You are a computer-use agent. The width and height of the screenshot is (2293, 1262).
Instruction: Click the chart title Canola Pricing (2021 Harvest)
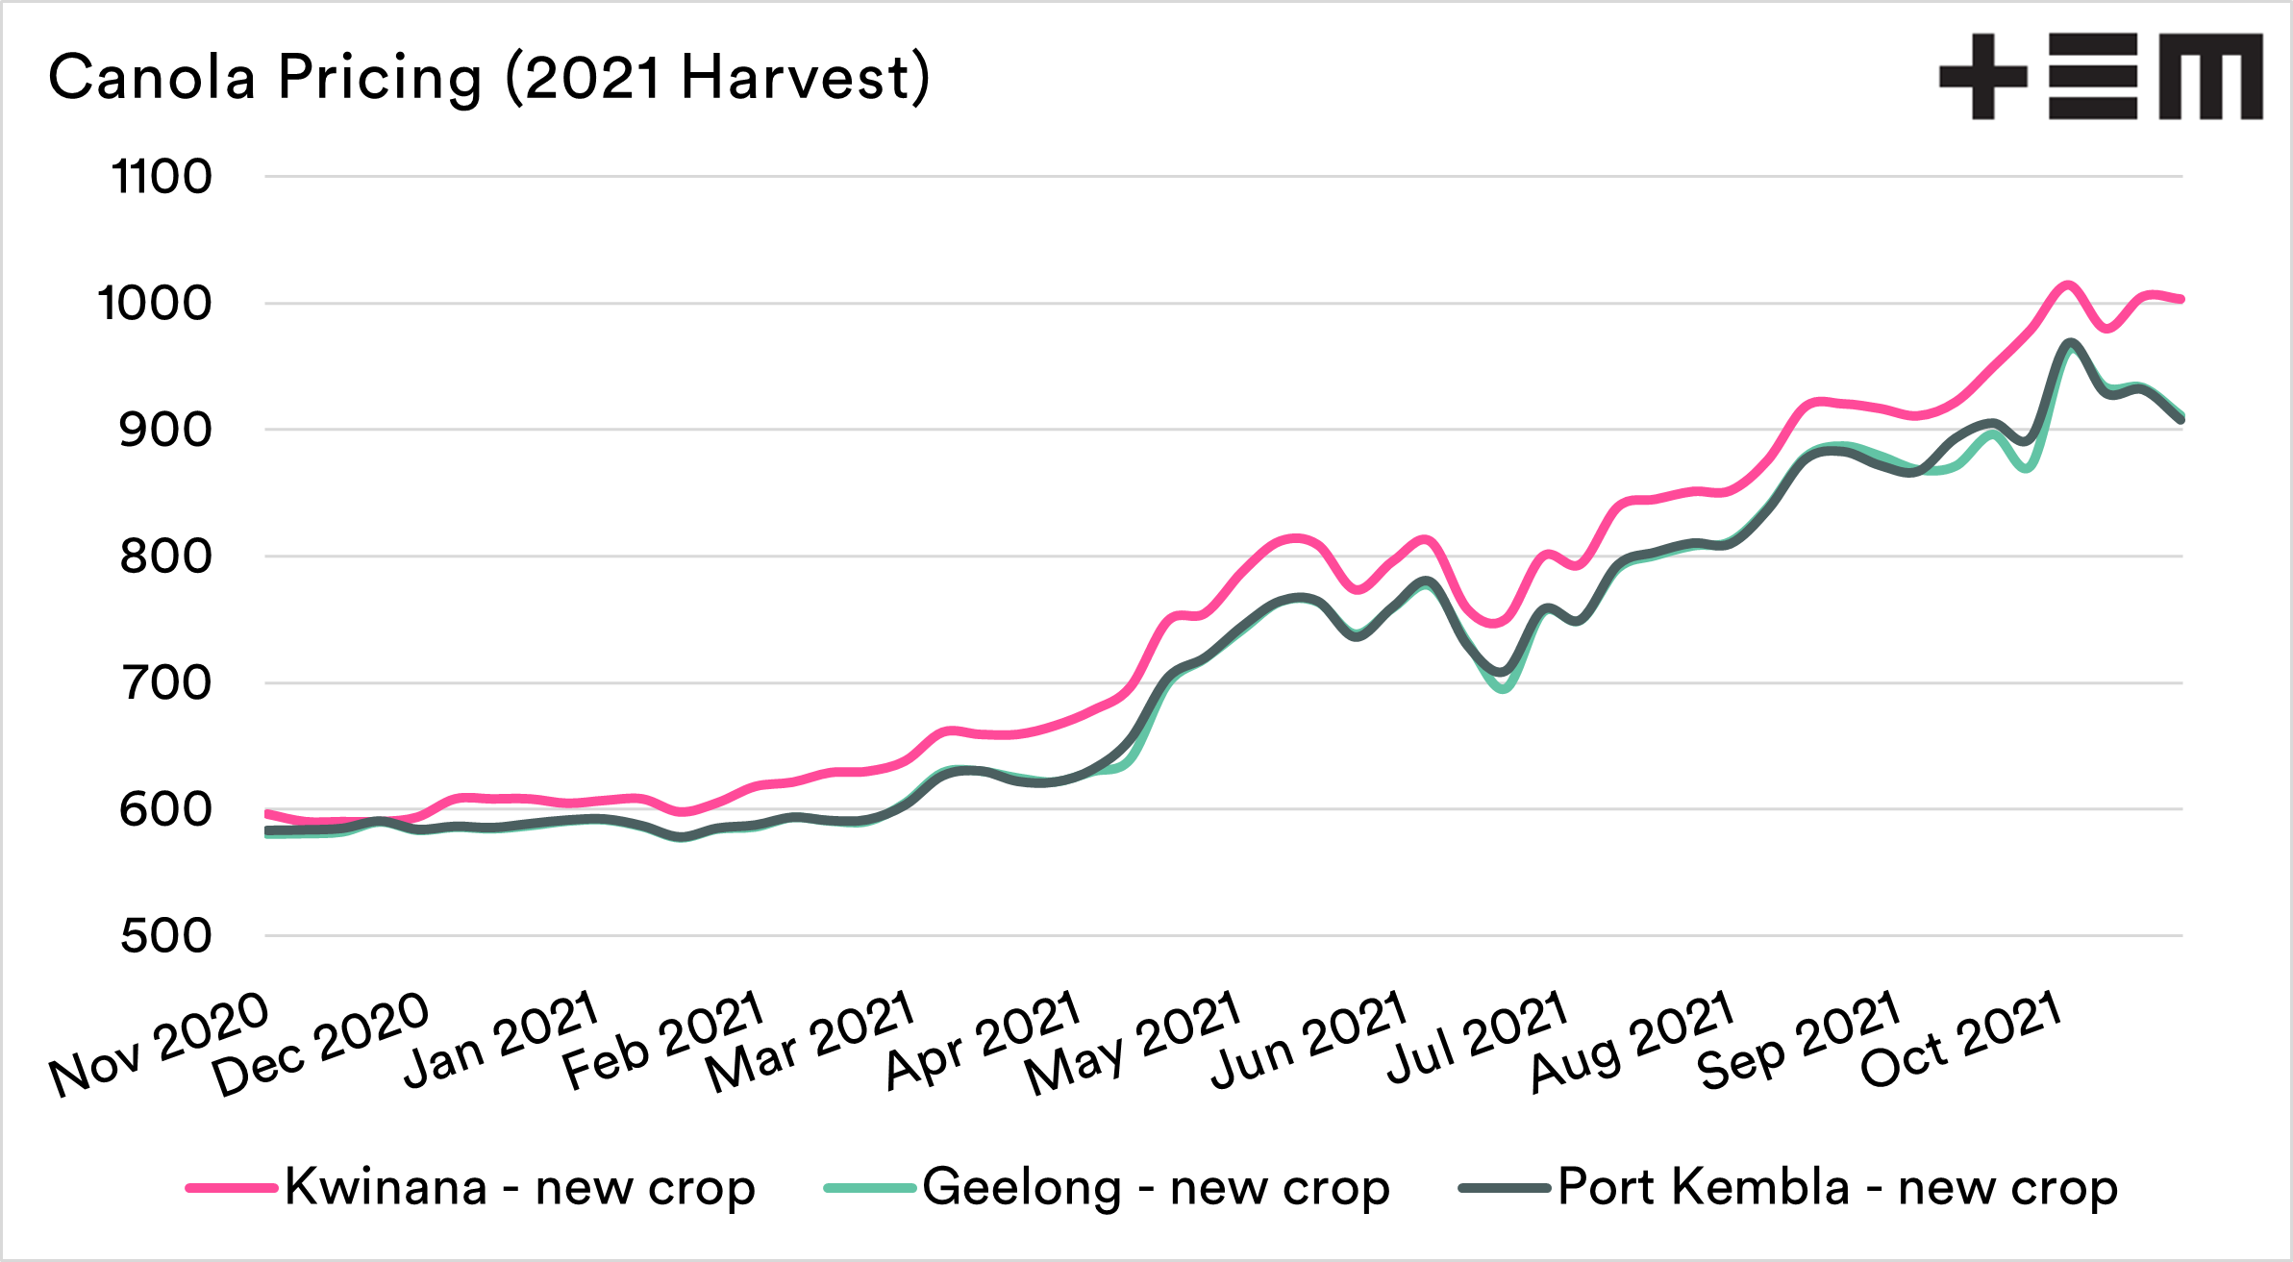[488, 77]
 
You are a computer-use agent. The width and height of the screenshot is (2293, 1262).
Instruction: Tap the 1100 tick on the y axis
[162, 177]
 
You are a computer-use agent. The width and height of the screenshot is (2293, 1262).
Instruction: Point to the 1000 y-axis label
[155, 304]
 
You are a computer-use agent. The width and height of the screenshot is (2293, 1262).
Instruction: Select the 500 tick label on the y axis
[165, 936]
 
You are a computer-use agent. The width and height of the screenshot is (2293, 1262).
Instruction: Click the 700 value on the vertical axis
[165, 683]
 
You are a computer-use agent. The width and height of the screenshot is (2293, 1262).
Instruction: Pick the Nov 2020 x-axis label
[160, 1044]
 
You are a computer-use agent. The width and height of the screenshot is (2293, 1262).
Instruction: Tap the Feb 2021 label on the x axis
[663, 1041]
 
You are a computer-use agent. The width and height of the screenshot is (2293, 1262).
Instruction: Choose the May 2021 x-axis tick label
[1133, 1043]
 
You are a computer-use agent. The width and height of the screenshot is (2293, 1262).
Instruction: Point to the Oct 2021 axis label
[1961, 1040]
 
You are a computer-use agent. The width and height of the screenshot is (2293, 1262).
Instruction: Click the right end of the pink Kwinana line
[2181, 299]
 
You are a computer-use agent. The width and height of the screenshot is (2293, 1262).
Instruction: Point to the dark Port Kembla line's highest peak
[2068, 343]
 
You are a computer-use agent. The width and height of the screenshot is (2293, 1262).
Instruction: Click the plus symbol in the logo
[1983, 77]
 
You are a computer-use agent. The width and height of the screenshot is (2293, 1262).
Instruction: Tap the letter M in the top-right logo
[2210, 77]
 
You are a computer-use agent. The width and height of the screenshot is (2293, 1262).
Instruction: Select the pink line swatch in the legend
[232, 1188]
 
